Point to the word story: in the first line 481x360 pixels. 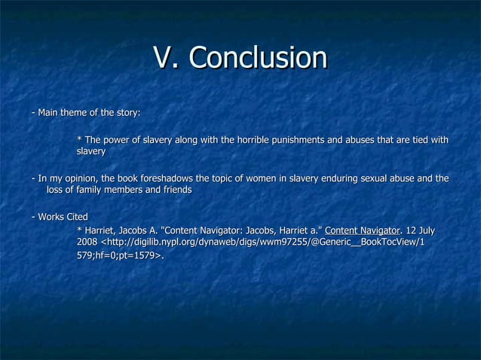[x=126, y=113]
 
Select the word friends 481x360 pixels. [x=174, y=191]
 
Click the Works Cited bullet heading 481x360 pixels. [x=60, y=218]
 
